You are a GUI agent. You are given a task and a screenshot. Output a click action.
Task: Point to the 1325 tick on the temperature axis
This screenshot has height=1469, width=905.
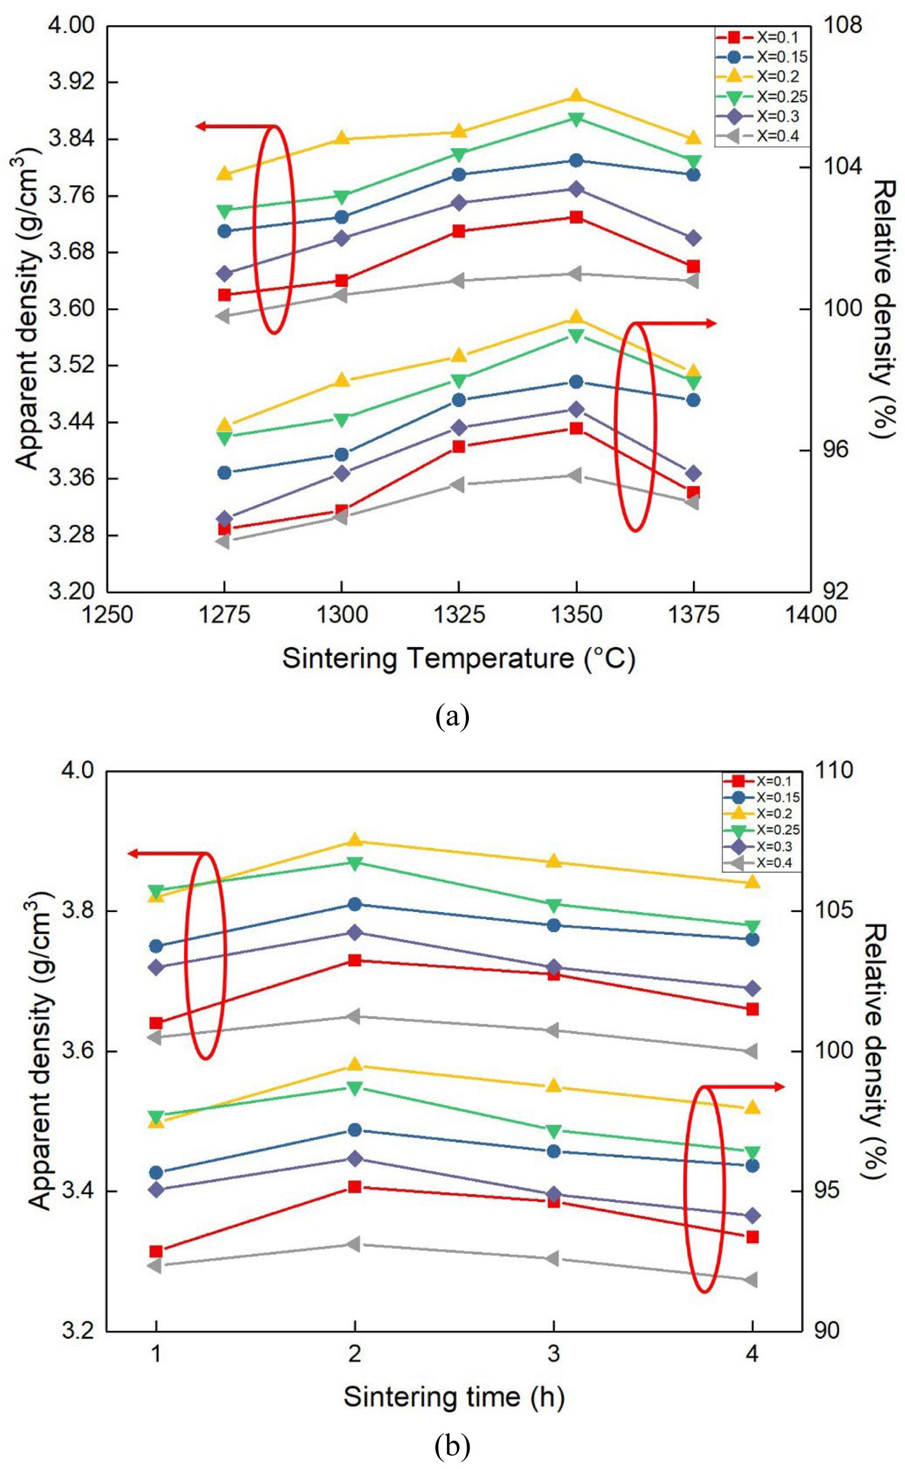tap(459, 615)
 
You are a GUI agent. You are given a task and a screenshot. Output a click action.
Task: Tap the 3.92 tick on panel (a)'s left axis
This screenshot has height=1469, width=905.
tap(73, 83)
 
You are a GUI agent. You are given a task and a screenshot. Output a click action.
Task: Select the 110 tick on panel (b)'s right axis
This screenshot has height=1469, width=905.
tap(835, 771)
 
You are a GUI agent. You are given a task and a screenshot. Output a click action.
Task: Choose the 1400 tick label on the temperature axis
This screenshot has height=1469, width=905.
tap(811, 615)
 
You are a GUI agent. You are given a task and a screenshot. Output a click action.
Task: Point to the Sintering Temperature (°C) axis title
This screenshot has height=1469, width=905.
tap(459, 659)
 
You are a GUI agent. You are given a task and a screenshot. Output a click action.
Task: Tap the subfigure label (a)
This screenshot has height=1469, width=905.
tap(453, 716)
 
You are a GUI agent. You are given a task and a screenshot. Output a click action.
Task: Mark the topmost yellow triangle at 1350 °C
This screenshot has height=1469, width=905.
tap(576, 96)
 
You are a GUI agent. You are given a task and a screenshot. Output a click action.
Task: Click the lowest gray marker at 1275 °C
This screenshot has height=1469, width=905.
tap(224, 542)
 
